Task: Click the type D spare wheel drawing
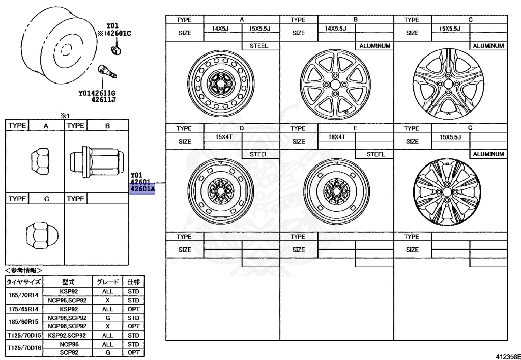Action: click(223, 191)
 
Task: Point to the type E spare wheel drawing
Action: click(336, 190)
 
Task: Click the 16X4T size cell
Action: click(336, 137)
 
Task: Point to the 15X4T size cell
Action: click(223, 137)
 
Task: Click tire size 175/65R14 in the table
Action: click(24, 309)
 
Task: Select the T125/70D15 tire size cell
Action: click(24, 336)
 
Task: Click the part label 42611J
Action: click(104, 100)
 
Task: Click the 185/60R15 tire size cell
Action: click(24, 322)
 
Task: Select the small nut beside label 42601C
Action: click(115, 50)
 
